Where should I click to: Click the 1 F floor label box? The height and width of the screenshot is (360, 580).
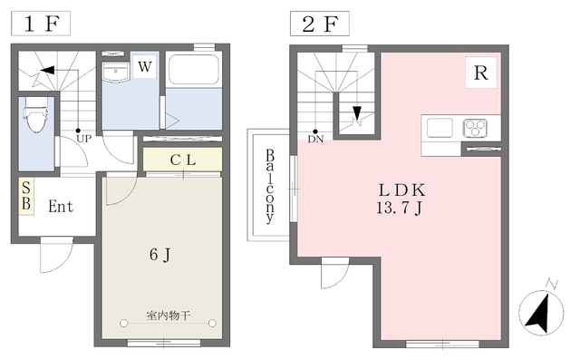point(41,24)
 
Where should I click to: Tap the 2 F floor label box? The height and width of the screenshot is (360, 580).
point(320,24)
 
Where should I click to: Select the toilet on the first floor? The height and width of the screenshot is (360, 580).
point(36,114)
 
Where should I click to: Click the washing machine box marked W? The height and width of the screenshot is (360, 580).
point(145,66)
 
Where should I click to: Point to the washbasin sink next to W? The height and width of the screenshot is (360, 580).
point(116,72)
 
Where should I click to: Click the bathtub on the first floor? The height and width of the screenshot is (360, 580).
point(193,70)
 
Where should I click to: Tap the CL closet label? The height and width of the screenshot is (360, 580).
point(183,160)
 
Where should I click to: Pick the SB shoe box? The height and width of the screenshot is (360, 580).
point(26,196)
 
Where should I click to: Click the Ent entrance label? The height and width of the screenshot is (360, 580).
point(61,207)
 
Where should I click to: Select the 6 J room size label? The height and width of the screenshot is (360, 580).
point(160,255)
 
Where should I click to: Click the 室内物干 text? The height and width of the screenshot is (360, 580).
point(169,316)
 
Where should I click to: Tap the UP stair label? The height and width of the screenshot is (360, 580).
point(83,139)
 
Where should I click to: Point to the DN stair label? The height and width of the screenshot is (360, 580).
point(315,139)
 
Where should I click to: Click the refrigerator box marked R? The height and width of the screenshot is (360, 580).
point(481,73)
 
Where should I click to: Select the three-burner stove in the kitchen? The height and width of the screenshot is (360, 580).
point(475,129)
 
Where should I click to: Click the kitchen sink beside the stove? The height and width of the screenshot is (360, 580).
point(440,128)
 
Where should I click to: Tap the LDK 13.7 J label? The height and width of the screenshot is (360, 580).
point(401,199)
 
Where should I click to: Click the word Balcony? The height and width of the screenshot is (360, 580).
point(270,186)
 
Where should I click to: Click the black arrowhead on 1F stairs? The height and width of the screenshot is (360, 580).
point(47,70)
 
